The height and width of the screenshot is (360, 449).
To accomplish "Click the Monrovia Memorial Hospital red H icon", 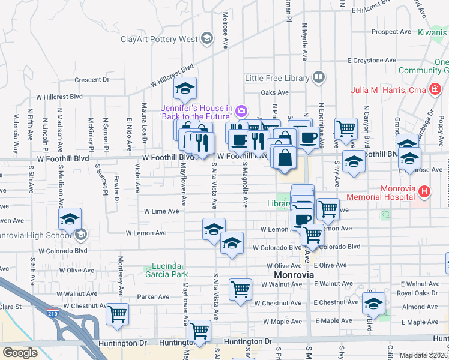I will coord(425,192).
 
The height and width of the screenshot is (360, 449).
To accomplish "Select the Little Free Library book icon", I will coord(318,77).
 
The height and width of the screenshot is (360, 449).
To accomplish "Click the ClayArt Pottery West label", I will coord(159,40).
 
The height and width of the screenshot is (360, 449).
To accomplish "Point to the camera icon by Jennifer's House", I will coord(241,111).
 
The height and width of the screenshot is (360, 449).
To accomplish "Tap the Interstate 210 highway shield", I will coord(52,311).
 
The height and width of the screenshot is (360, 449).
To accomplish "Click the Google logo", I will coord(20,353).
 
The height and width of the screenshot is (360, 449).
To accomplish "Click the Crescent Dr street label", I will coord(92,79).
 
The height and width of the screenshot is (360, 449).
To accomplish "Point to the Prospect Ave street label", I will coord(391,32).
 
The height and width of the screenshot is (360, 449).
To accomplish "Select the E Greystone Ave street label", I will coord(373,61).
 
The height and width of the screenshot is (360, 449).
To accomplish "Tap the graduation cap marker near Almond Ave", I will coord(373,304).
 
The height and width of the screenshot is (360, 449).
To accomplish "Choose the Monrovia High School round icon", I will coord(81,234).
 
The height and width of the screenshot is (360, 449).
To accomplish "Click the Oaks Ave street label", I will coord(275,92).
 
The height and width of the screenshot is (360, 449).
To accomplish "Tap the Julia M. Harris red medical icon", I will coord(434,91).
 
